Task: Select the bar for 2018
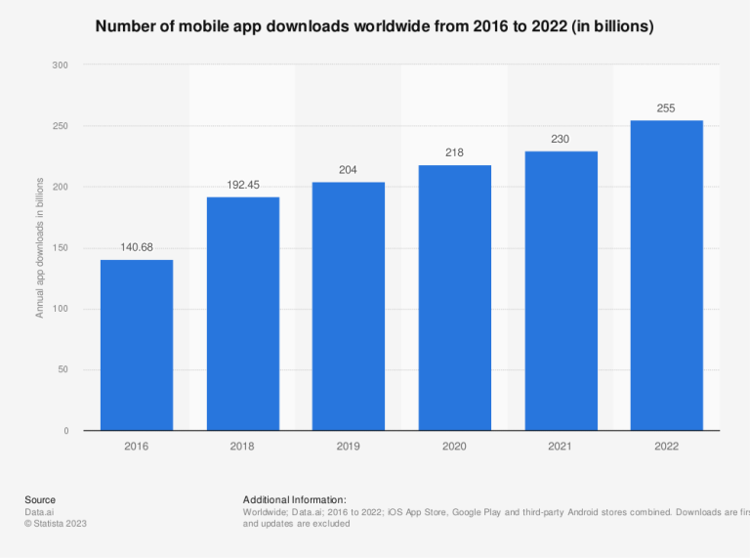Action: tap(242, 314)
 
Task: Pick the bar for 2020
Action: tap(454, 298)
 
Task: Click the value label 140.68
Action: tap(137, 247)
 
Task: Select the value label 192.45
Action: tap(242, 185)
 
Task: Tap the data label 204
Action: tap(349, 170)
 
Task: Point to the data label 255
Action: tap(666, 108)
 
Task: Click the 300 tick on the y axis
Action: tap(61, 65)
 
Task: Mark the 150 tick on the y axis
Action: tap(61, 248)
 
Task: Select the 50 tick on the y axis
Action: tap(63, 370)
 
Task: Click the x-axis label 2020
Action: tap(454, 446)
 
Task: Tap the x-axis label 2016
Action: tap(137, 446)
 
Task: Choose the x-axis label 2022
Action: tap(666, 446)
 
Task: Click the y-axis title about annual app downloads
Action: tap(40, 248)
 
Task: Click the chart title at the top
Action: tap(374, 27)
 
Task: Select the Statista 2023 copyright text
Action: tap(56, 523)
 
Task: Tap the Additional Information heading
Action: tap(294, 499)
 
